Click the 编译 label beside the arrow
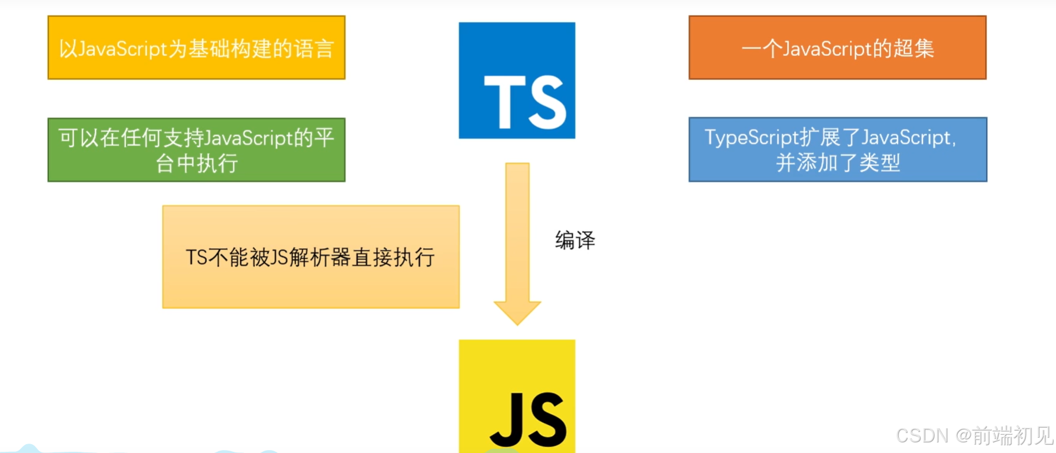pyautogui.click(x=575, y=240)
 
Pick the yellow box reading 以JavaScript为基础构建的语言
pyautogui.click(x=196, y=48)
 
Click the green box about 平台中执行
pyautogui.click(x=196, y=149)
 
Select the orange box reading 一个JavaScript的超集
pyautogui.click(x=837, y=48)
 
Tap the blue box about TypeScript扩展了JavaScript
pyautogui.click(x=837, y=149)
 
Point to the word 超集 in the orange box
pyautogui.click(x=914, y=48)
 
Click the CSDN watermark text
pyautogui.click(x=922, y=436)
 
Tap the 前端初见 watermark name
pyautogui.click(x=1012, y=436)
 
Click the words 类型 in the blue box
pyautogui.click(x=879, y=162)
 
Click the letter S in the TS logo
pyautogui.click(x=546, y=102)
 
